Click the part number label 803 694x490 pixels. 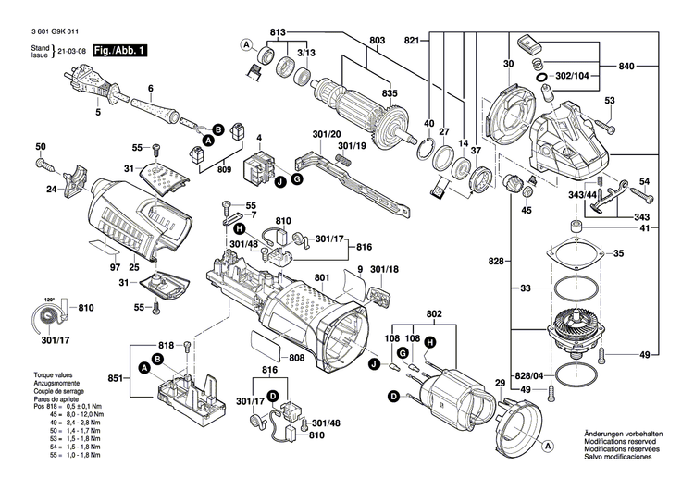377,41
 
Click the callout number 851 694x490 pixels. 114,378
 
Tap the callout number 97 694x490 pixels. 115,267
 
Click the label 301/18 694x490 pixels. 383,270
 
